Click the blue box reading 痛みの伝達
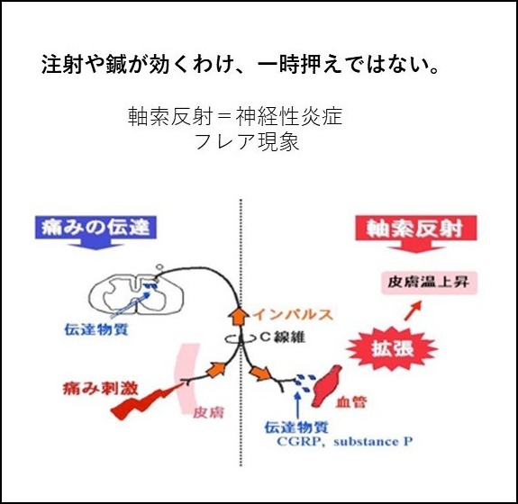pos(95,227)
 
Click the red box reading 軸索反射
pos(416,228)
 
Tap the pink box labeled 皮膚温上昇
pos(430,283)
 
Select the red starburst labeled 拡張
pos(392,348)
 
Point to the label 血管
pos(351,401)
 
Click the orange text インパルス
pos(293,314)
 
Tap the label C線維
pos(282,337)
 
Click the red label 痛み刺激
pos(100,388)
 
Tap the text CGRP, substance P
pos(345,441)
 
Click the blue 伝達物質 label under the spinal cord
pos(96,329)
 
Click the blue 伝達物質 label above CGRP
pos(296,427)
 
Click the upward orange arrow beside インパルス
pos(238,316)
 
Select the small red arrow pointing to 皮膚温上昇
pos(413,310)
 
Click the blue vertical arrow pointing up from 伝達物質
pos(297,405)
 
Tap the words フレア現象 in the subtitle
pos(247,141)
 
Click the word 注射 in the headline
pos(61,64)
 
